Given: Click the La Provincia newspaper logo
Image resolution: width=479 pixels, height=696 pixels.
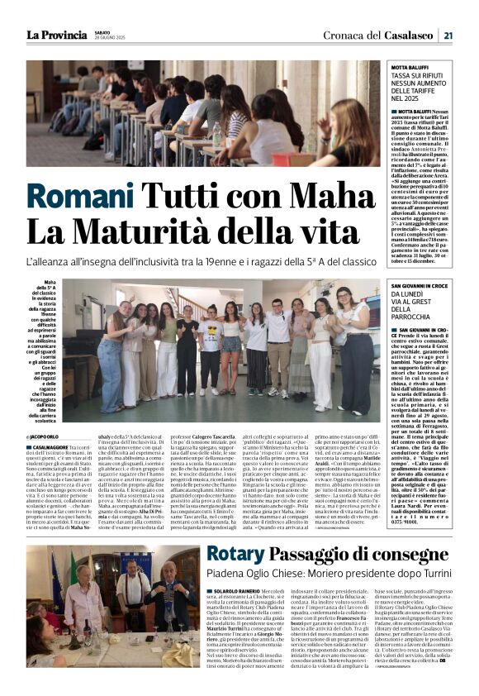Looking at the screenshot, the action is (56, 35).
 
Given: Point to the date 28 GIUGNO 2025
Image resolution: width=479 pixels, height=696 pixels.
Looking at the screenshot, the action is (110, 39).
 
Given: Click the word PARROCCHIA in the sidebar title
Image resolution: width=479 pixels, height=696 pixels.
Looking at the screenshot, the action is (416, 316).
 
